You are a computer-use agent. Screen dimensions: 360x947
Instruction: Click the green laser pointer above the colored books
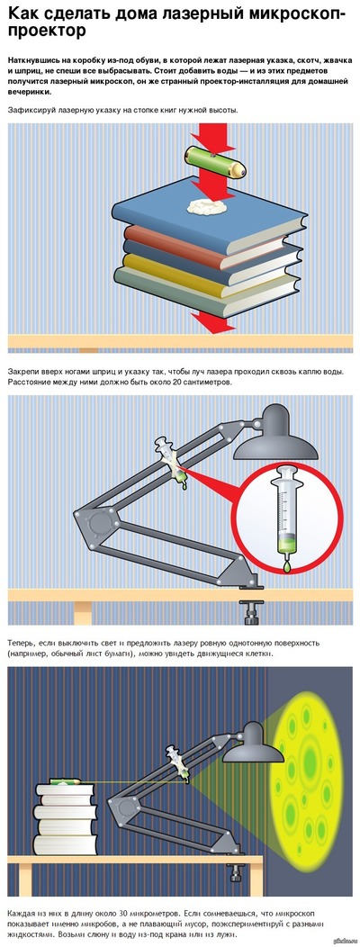pos(216,161)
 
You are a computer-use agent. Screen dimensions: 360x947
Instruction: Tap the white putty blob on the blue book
pos(207,206)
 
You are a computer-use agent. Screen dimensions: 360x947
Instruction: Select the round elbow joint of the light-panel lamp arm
pos(95,520)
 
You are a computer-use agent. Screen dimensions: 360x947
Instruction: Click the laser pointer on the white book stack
pos(65,780)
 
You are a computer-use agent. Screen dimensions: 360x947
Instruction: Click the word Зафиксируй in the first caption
pos(31,110)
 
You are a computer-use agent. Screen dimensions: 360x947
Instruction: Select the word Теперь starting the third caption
pos(22,644)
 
